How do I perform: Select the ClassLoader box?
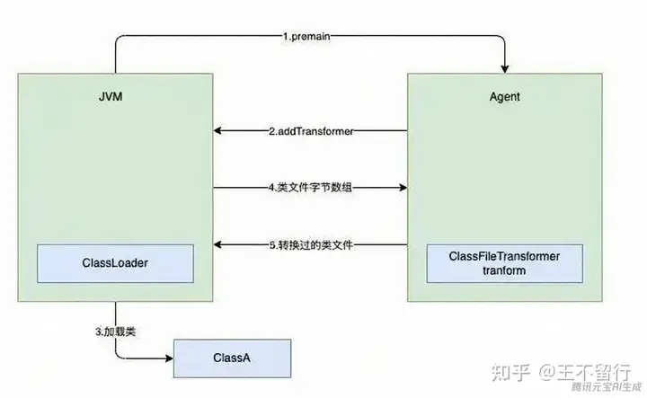pos(115,261)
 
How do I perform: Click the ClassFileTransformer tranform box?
pos(505,262)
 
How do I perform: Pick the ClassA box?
pos(233,358)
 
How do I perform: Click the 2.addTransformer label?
pos(312,131)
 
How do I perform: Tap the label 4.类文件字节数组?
pos(312,188)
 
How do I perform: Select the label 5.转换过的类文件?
pos(312,245)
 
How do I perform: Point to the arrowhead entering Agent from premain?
pos(505,70)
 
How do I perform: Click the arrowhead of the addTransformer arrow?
pos(217,131)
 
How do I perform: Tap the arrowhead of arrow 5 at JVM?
pos(217,245)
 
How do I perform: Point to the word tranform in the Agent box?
pos(505,270)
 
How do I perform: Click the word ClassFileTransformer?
pos(505,256)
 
